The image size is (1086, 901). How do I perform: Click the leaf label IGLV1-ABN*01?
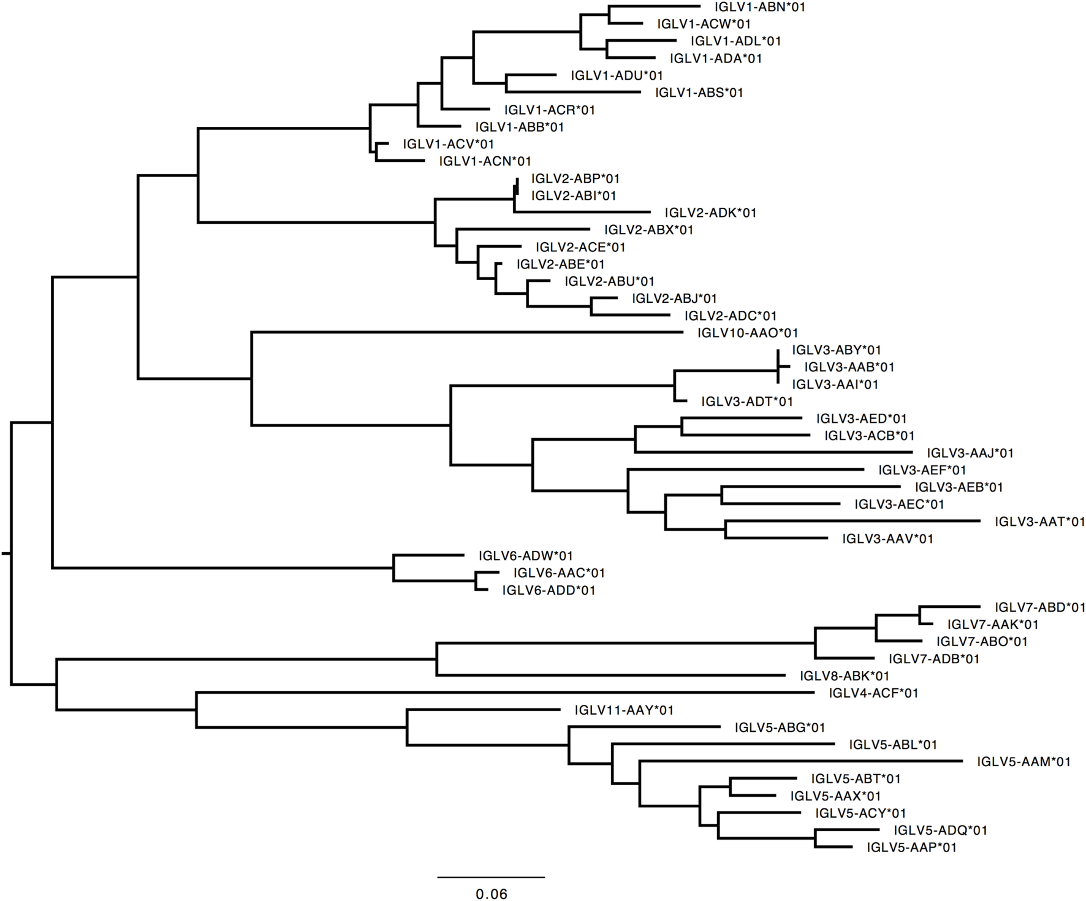pyautogui.click(x=759, y=7)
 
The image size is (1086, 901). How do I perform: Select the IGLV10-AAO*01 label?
pyautogui.click(x=748, y=333)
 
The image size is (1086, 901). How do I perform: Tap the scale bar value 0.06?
pyautogui.click(x=492, y=894)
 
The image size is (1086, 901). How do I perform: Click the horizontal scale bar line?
pyautogui.click(x=491, y=877)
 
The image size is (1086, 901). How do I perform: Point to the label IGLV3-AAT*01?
pyautogui.click(x=1039, y=522)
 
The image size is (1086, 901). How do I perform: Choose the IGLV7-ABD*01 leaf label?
pyautogui.click(x=1039, y=607)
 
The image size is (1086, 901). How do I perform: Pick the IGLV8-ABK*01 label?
pyautogui.click(x=844, y=676)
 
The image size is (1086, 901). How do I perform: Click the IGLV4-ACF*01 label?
pyautogui.click(x=873, y=693)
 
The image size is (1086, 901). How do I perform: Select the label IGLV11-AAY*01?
pyautogui.click(x=624, y=710)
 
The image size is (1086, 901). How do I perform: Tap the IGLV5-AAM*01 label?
pyautogui.click(x=1023, y=762)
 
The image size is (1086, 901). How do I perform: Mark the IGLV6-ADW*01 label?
pyautogui.click(x=525, y=556)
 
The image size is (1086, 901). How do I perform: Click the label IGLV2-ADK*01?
pyautogui.click(x=710, y=213)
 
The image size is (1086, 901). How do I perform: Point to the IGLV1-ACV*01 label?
pyautogui.click(x=448, y=144)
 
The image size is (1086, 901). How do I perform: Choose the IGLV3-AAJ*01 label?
pyautogui.click(x=970, y=453)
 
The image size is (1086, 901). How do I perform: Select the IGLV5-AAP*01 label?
pyautogui.click(x=911, y=848)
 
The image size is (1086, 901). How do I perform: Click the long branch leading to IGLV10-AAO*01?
pyautogui.click(x=466, y=332)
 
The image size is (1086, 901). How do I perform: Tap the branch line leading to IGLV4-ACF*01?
pyautogui.click(x=503, y=693)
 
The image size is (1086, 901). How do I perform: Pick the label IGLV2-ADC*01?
pyautogui.click(x=731, y=316)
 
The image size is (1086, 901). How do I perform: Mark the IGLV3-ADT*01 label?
pyautogui.click(x=747, y=401)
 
